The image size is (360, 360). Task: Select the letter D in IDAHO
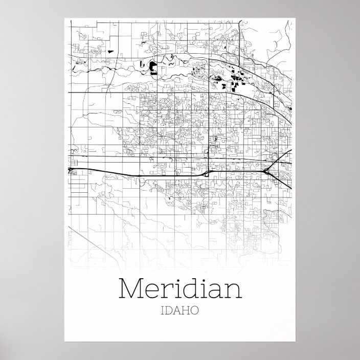(x=169, y=310)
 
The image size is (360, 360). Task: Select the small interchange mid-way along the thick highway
(x=206, y=174)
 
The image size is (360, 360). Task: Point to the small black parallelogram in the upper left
(x=110, y=52)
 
